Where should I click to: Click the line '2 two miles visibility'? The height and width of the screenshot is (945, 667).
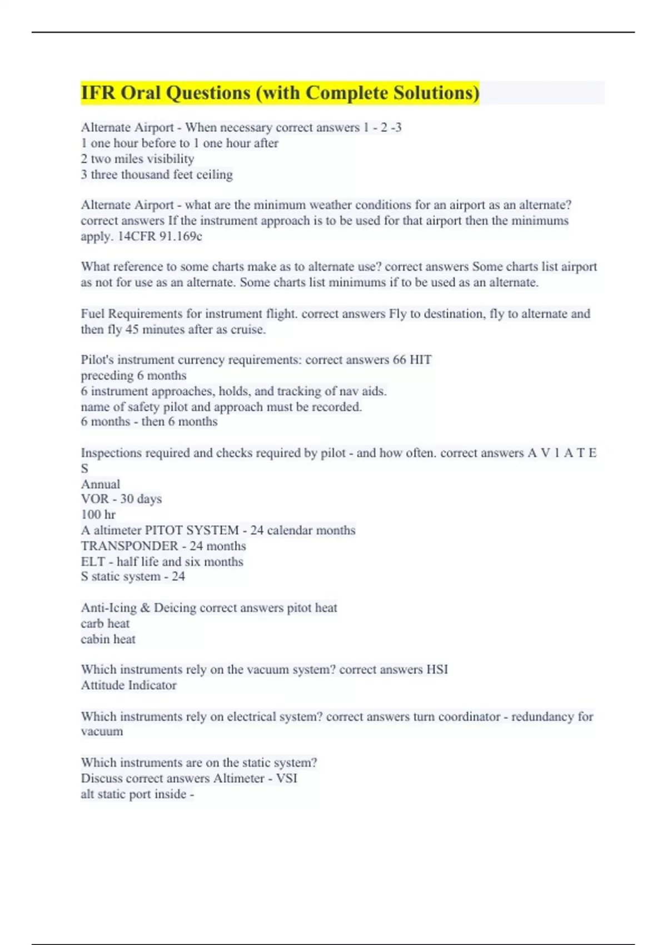[x=137, y=159]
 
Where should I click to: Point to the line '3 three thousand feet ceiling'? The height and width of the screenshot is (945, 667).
[x=157, y=175]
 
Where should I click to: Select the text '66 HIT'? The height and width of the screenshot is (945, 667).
[x=412, y=360]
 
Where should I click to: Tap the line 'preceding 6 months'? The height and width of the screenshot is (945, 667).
[x=133, y=375]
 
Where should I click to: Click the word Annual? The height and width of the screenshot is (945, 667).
[x=101, y=484]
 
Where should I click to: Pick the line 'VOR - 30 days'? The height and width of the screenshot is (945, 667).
[x=121, y=499]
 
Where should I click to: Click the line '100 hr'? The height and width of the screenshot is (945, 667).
[x=98, y=515]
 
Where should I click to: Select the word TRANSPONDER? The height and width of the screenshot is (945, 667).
[x=130, y=546]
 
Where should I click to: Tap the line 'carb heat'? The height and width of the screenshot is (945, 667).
[x=105, y=624]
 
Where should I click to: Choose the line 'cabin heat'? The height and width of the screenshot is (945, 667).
[x=108, y=639]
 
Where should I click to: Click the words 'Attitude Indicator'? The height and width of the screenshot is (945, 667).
[x=129, y=685]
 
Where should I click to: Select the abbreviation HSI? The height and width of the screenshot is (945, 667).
[x=437, y=669]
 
